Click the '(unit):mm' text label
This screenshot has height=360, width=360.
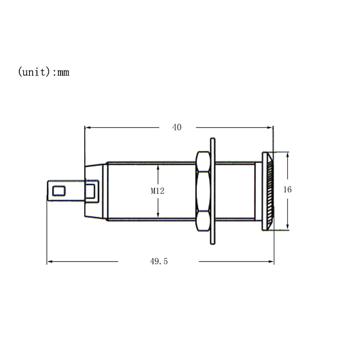tap(44, 72)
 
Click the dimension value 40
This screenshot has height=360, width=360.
tap(177, 127)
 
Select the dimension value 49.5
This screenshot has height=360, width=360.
tap(159, 261)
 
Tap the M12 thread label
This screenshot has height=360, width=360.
tap(158, 191)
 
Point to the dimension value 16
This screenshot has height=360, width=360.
tap(287, 190)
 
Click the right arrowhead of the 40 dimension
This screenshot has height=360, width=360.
tap(270, 127)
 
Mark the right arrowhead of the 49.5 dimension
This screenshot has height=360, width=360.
tap(271, 261)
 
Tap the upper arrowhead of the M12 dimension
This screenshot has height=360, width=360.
tap(158, 168)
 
